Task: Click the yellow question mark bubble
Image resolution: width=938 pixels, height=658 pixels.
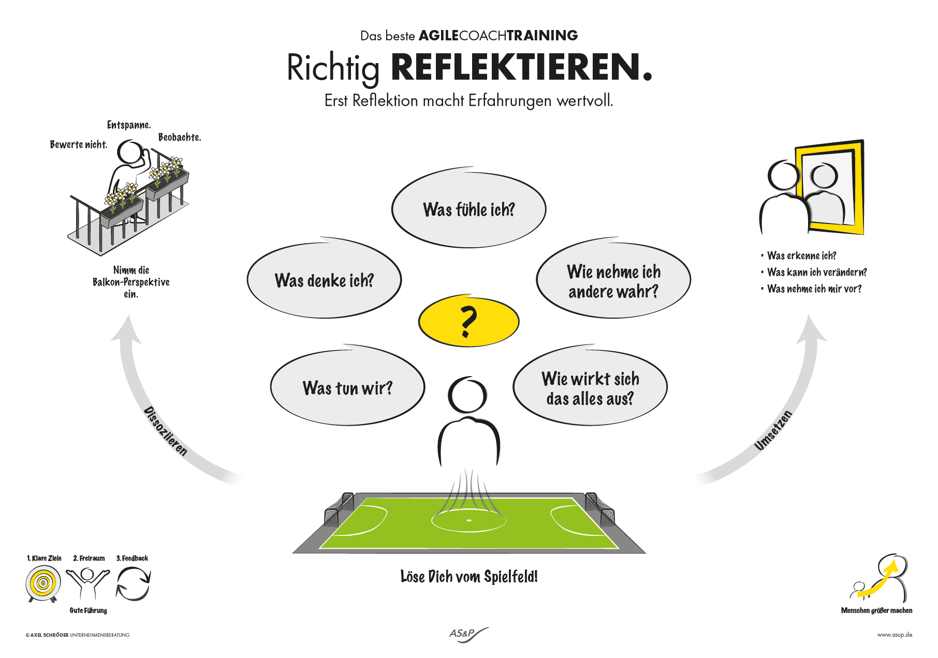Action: point(468,321)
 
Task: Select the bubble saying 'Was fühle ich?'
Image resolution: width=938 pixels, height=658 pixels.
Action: point(468,210)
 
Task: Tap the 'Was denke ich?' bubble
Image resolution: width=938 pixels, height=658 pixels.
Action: point(324,280)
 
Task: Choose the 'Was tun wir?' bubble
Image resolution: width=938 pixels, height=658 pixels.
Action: point(347,387)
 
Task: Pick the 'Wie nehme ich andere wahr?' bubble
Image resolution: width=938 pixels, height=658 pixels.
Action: point(613,281)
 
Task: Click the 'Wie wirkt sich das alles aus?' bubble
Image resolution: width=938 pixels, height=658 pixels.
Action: point(590,388)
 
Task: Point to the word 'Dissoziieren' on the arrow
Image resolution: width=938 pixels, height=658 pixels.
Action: point(165,431)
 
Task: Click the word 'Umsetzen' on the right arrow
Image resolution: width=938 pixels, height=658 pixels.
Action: point(773,430)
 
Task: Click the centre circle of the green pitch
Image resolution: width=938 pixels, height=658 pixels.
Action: point(468,520)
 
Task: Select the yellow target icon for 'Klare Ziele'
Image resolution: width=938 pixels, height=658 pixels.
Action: point(43,584)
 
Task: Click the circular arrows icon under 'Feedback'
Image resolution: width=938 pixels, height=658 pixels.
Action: point(133,584)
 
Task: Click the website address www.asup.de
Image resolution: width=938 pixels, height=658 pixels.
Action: point(895,635)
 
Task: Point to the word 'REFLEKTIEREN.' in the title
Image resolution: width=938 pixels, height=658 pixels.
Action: point(521,68)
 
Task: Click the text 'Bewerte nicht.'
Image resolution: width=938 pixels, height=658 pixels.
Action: point(79,145)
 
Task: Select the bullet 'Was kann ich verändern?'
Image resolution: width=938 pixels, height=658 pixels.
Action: point(816,272)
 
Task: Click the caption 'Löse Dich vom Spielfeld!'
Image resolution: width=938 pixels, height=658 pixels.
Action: point(469,576)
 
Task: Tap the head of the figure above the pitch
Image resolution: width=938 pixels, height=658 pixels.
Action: point(467,395)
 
